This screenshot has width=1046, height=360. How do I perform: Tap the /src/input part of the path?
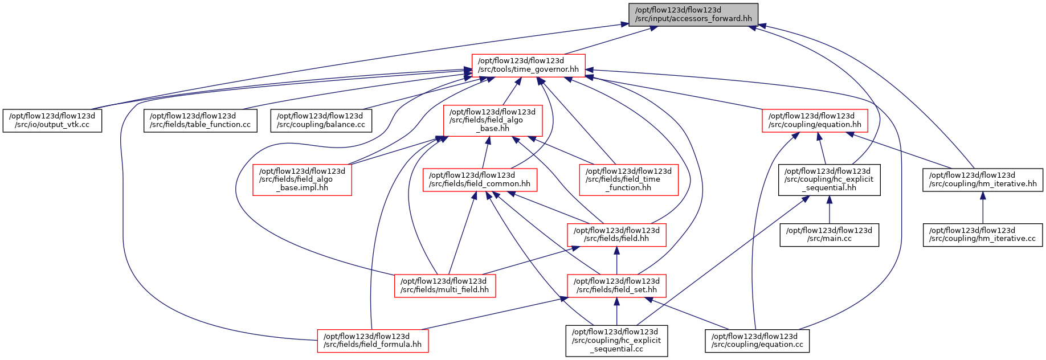point(653,19)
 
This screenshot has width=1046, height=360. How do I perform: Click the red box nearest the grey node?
point(528,66)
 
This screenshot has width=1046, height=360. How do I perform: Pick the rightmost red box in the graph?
point(815,121)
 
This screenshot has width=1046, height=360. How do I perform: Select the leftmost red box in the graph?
point(302,180)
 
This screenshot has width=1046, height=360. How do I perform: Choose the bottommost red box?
point(373,341)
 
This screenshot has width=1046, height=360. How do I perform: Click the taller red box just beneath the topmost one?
point(493,120)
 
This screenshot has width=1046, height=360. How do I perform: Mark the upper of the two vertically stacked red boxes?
point(616,235)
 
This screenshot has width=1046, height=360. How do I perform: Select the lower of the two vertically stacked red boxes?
point(616,286)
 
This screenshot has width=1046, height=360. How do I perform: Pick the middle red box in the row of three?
point(480,180)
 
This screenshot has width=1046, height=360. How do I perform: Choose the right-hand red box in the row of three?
point(628,180)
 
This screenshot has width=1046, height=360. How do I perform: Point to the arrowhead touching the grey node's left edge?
point(624,24)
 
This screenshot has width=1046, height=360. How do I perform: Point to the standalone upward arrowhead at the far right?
point(983,195)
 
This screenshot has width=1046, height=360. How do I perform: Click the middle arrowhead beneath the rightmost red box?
point(819,137)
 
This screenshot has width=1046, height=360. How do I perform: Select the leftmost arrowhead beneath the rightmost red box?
point(795,136)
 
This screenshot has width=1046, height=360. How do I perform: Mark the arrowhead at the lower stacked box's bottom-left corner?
point(563,298)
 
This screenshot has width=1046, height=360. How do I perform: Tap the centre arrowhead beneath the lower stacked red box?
point(616,302)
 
